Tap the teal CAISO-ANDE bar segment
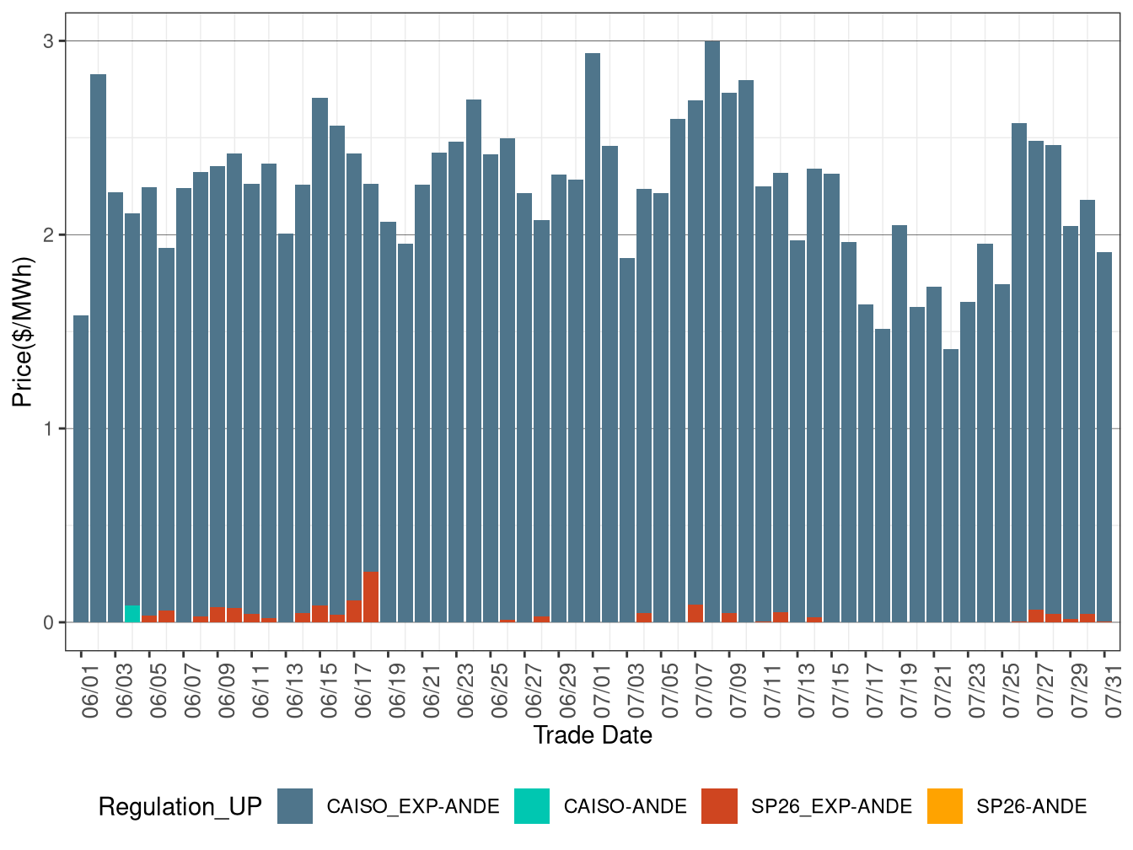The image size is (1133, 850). pos(132,614)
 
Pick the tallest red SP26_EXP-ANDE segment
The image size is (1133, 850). pos(371,597)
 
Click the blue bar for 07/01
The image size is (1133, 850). pos(593,337)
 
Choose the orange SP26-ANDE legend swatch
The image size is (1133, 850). pos(944,806)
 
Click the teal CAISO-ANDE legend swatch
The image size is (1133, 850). pos(532,806)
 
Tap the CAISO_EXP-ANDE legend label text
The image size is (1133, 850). pos(413,807)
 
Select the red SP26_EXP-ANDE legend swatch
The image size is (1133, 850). pos(719,806)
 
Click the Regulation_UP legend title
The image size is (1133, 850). pos(180,807)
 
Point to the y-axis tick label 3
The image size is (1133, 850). pos(48,41)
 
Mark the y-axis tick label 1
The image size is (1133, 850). pos(48,428)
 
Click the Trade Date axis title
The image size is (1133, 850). pos(593,735)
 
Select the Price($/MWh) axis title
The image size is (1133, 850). pos(22,331)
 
